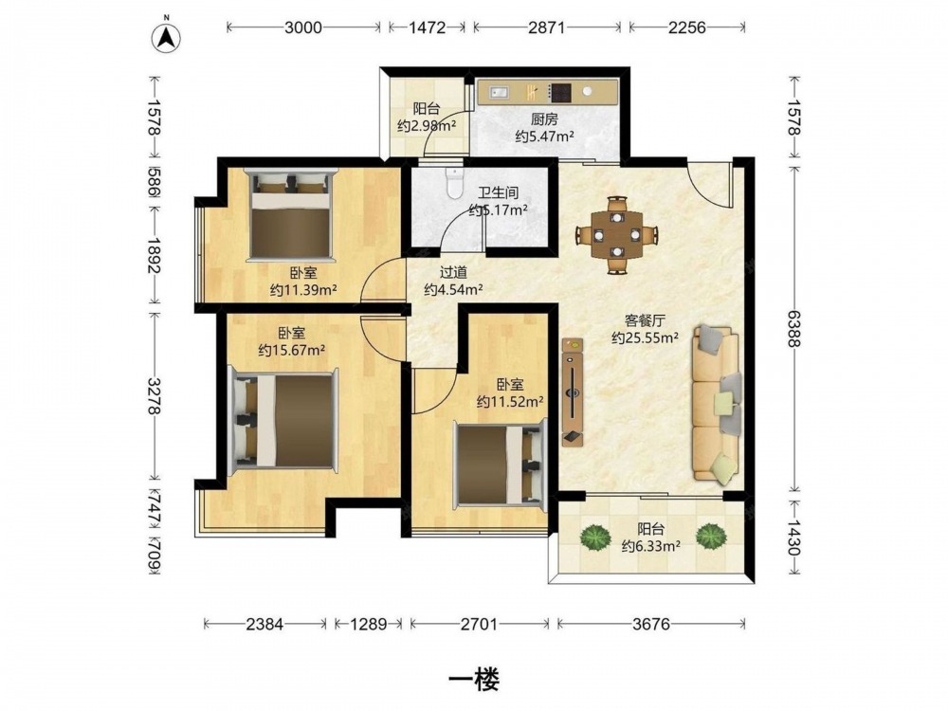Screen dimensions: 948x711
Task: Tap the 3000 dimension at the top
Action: [x=303, y=27]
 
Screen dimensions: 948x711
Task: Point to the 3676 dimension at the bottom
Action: [x=651, y=624]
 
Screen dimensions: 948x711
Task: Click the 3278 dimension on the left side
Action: [x=154, y=396]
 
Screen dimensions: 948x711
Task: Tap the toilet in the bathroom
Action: [x=453, y=183]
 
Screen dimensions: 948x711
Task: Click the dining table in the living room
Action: [x=616, y=234]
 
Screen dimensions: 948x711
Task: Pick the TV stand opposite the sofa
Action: [x=572, y=392]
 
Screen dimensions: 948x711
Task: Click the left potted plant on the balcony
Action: [x=595, y=537]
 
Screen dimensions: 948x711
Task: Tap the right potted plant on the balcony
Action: [x=710, y=536]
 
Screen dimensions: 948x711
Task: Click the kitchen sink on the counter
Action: [x=501, y=92]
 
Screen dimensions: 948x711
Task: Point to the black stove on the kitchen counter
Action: [x=561, y=92]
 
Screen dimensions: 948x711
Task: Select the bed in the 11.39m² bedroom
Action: [x=291, y=215]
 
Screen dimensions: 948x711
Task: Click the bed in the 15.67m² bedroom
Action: [x=283, y=420]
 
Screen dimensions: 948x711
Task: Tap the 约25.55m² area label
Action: [x=645, y=338]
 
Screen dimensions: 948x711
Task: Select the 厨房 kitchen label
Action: [x=544, y=119]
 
